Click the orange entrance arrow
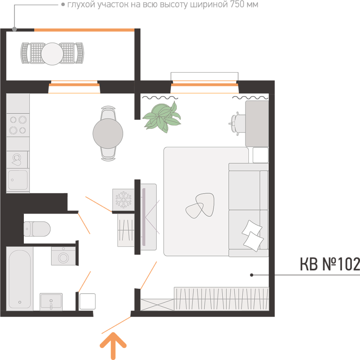click(113, 345)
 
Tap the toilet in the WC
click(37, 229)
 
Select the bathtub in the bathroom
click(20, 279)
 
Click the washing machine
click(63, 256)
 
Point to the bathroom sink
click(51, 302)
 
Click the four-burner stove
click(18, 125)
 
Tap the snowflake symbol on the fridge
click(124, 200)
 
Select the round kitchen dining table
click(108, 133)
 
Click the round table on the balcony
click(52, 54)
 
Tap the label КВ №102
click(330, 264)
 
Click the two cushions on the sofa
click(253, 236)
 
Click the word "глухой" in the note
click(81, 5)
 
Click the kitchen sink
click(18, 180)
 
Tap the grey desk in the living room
click(257, 123)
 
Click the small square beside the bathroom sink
click(88, 301)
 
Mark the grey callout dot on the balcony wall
click(14, 29)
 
